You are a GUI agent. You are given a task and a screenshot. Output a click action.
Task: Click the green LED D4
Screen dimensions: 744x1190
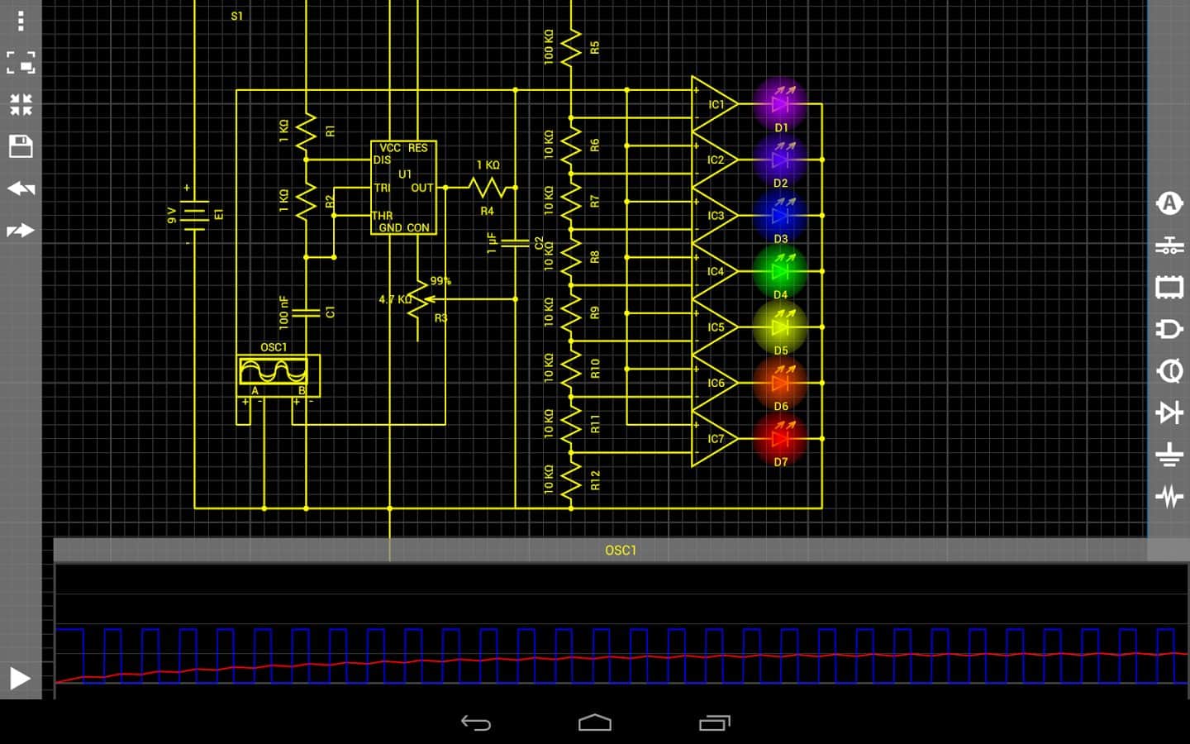click(779, 270)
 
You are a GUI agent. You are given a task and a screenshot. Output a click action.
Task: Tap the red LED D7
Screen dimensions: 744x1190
click(779, 438)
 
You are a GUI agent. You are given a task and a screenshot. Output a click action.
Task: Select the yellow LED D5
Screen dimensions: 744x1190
click(779, 327)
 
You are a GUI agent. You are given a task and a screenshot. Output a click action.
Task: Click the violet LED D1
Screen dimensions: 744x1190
click(779, 103)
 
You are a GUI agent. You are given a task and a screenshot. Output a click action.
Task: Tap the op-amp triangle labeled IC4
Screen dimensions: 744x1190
click(712, 271)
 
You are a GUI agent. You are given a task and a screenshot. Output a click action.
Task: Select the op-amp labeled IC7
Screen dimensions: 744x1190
click(712, 439)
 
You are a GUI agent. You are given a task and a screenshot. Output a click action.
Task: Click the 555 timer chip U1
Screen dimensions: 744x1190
click(403, 188)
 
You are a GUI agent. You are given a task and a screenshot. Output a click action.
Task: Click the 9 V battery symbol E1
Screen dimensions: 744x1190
click(194, 215)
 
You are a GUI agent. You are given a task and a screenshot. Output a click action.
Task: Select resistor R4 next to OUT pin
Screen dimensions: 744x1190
click(488, 188)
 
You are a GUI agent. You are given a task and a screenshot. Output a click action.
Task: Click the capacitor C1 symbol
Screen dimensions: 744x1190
click(306, 312)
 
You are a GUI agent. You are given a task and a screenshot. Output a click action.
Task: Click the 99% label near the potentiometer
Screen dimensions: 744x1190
click(440, 281)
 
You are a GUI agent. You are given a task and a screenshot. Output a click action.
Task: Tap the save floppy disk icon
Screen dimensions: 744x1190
click(21, 146)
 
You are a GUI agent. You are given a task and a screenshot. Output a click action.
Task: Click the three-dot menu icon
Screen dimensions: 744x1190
click(21, 20)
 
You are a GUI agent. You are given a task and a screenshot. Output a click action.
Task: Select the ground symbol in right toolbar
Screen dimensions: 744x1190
click(1169, 455)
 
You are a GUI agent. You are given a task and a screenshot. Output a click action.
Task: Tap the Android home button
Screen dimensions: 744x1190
click(595, 723)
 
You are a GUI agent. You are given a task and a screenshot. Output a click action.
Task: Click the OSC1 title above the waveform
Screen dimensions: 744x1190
click(621, 551)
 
